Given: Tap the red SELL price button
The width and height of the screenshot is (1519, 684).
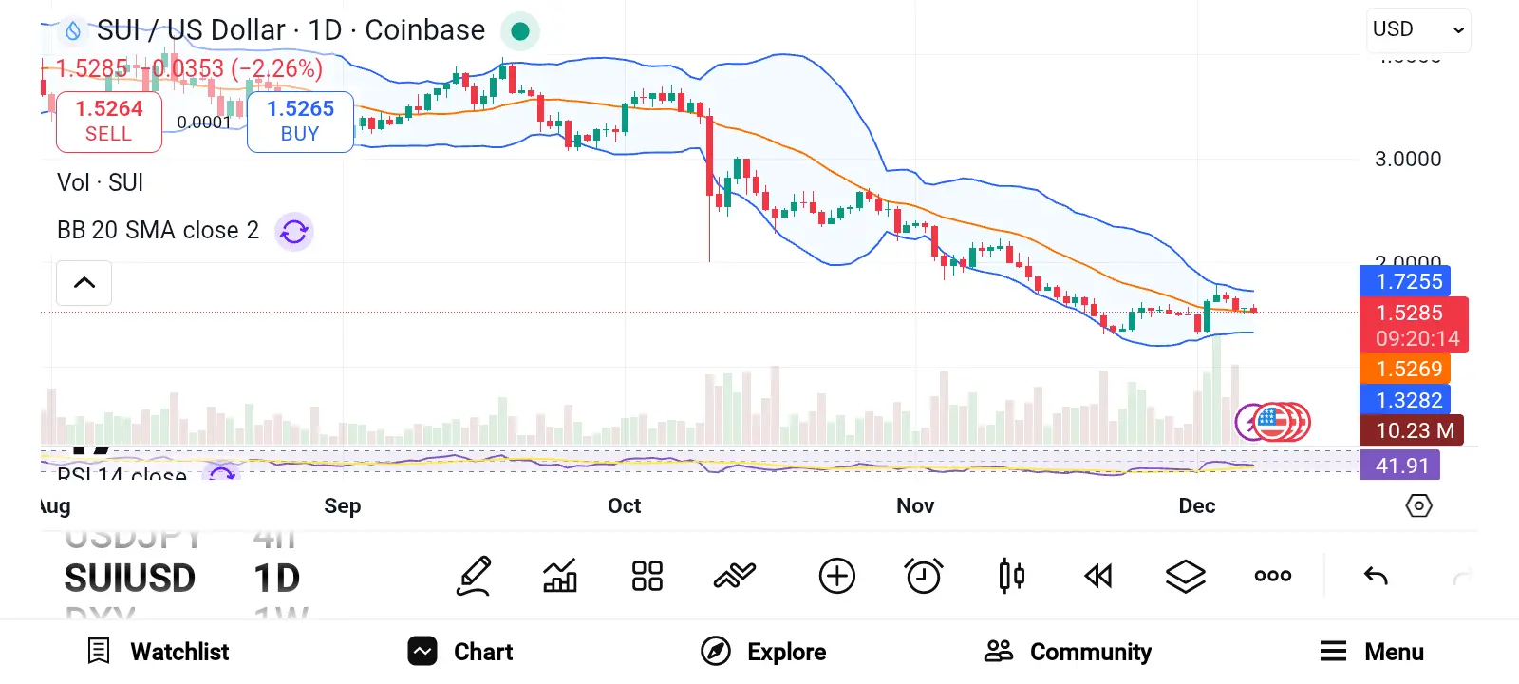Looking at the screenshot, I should [x=109, y=122].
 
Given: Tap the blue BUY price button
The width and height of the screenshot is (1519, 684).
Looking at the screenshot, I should [x=300, y=122].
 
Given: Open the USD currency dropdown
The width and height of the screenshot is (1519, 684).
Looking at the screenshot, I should [x=1418, y=29].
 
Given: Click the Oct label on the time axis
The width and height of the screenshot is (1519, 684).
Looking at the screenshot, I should [x=624, y=505].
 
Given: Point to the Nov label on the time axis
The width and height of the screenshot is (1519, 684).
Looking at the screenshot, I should [x=915, y=505].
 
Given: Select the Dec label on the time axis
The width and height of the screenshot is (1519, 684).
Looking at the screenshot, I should [x=1196, y=505].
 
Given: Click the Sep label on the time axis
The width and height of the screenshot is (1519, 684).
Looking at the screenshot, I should [x=342, y=505].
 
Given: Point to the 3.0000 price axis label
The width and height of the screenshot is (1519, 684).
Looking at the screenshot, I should [x=1408, y=160].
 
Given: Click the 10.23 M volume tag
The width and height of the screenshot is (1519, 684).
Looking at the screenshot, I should [x=1412, y=430].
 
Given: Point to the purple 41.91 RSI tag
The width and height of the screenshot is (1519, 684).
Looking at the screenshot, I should [x=1400, y=465].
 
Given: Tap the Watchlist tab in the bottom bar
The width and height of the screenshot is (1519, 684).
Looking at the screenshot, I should [x=159, y=652].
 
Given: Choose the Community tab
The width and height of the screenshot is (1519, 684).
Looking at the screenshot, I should [x=1068, y=652].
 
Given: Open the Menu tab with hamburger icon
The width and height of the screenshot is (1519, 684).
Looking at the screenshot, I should [x=1372, y=652].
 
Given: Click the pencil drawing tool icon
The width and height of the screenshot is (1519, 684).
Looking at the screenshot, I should [x=474, y=576].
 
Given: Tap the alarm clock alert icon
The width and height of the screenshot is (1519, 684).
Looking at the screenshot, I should [x=923, y=576].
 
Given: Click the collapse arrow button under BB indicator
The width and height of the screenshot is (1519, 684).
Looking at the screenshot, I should [x=84, y=283].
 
